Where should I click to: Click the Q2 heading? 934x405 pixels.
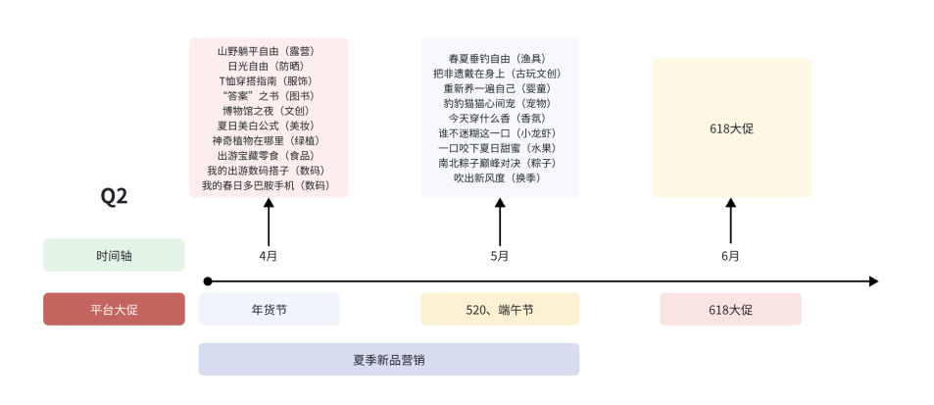pos(114,196)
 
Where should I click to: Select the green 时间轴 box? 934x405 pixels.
pos(114,255)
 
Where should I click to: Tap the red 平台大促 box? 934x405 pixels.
pos(114,309)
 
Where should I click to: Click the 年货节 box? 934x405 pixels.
pos(269,309)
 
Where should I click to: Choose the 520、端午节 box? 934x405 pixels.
pos(500,309)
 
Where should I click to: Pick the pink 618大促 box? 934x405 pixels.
pos(730,309)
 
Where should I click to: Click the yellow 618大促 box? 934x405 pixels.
pos(731,127)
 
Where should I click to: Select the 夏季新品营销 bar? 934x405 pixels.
pos(388,359)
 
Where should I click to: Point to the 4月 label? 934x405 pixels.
pos(269,256)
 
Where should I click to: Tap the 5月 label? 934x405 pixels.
pos(500,256)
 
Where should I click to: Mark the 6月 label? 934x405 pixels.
pos(730,256)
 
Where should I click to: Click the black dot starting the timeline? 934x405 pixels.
pos(207,281)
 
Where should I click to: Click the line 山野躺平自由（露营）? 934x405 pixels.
pos(268,51)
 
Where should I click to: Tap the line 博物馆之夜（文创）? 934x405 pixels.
pos(268,111)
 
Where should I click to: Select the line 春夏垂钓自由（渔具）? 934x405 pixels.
pos(498,59)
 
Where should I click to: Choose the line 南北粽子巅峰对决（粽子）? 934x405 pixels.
pos(498,163)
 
